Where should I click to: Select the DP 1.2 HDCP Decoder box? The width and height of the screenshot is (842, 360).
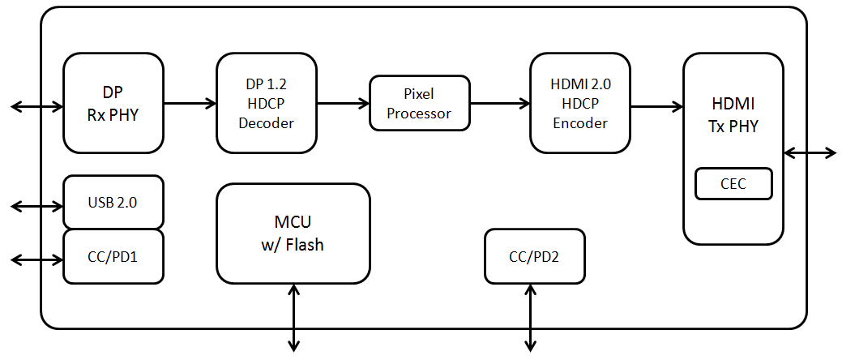pyautogui.click(x=267, y=102)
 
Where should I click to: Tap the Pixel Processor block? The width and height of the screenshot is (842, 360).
pyautogui.click(x=419, y=103)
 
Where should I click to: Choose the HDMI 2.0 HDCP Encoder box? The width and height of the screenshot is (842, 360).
pyautogui.click(x=579, y=102)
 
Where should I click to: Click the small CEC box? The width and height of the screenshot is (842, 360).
pyautogui.click(x=733, y=184)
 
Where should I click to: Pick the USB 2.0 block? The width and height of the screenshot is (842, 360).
pyautogui.click(x=113, y=202)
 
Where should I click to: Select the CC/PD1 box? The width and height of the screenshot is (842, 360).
pyautogui.click(x=113, y=256)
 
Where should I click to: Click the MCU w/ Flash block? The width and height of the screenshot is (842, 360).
pyautogui.click(x=293, y=234)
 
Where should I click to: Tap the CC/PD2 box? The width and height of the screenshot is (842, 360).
pyautogui.click(x=533, y=257)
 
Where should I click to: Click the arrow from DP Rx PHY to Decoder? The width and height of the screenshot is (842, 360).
pyautogui.click(x=190, y=103)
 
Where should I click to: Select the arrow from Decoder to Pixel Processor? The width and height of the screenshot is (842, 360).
pyautogui.click(x=343, y=103)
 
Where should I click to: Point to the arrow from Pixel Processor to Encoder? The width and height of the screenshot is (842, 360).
pyautogui.click(x=499, y=103)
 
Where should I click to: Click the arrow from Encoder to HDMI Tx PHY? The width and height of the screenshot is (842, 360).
pyautogui.click(x=656, y=105)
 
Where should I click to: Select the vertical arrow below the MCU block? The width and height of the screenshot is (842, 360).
pyautogui.click(x=293, y=318)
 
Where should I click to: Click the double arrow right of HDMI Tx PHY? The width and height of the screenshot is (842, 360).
pyautogui.click(x=810, y=152)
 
